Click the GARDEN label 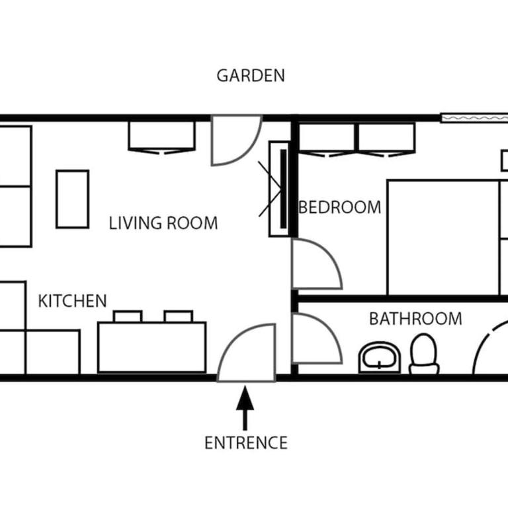point(251,75)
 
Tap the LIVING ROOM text point(163,223)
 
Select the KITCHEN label point(72,302)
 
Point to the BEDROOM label point(340,208)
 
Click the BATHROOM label point(415,319)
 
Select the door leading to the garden point(233,140)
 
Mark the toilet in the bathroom point(423,354)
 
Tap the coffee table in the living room point(72,199)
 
